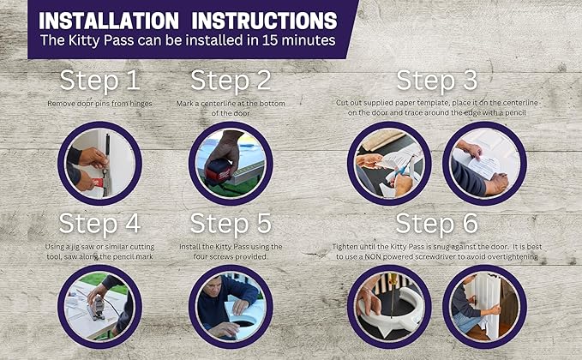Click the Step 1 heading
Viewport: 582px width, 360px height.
click(x=99, y=81)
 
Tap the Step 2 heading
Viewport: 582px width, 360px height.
click(x=231, y=81)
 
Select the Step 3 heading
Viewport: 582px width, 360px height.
click(x=436, y=81)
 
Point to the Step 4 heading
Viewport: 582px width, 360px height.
click(x=99, y=224)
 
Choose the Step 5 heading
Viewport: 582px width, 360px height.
click(x=231, y=224)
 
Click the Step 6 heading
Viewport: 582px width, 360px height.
click(x=436, y=224)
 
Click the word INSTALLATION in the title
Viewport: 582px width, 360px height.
click(x=109, y=21)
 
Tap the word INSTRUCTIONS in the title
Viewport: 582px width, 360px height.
click(x=264, y=21)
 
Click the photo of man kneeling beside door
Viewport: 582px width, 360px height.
click(x=484, y=307)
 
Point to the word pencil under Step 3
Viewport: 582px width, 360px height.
click(x=515, y=112)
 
